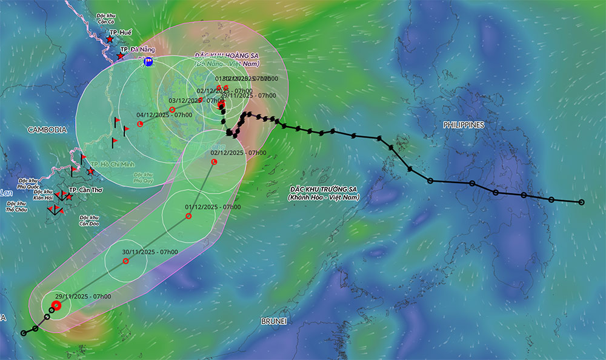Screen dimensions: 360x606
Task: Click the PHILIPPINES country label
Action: pos(464,125)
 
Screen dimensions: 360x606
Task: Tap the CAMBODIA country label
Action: pos(47,130)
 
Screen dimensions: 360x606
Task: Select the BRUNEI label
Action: pos(273,320)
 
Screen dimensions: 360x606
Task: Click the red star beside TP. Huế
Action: pos(109,39)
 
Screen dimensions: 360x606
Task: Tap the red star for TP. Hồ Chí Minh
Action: pos(91,171)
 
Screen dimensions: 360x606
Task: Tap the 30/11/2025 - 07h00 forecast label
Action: pos(150,252)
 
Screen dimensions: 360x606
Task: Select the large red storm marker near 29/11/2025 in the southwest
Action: pos(57,305)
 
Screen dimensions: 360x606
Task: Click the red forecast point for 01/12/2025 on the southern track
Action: pos(188,216)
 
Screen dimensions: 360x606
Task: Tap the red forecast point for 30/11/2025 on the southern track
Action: pos(126,261)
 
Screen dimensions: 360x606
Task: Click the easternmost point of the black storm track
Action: pos(582,202)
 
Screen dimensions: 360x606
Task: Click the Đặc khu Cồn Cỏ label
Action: pos(110,18)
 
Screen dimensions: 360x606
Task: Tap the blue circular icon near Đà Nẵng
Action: pos(148,61)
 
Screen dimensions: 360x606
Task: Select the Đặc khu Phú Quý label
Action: pos(144,177)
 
